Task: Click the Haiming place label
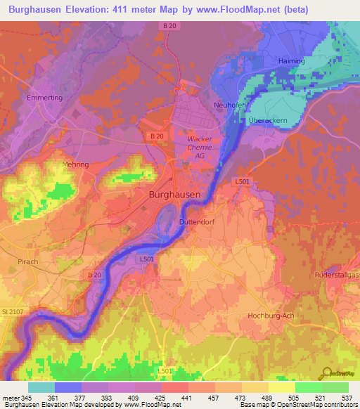coord(291,61)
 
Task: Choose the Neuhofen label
coord(229,105)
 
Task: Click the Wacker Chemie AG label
coord(200,148)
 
